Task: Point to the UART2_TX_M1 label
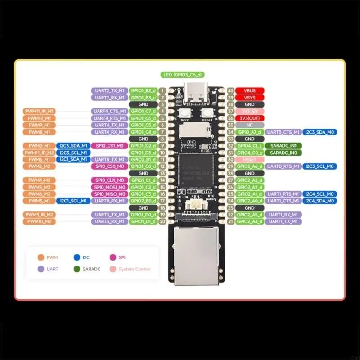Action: [x=109, y=90]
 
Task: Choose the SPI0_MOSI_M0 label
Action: [x=109, y=187]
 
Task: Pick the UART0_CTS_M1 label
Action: [x=283, y=132]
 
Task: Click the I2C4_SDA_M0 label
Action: [x=319, y=201]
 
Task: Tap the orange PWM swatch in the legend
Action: [x=40, y=258]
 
